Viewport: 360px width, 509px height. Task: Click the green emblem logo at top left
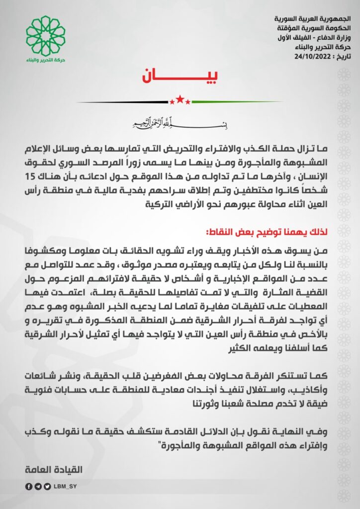coord(46,35)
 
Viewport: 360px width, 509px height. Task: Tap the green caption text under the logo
coord(46,60)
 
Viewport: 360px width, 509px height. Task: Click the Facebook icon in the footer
coord(30,487)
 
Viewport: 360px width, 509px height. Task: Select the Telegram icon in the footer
coord(38,487)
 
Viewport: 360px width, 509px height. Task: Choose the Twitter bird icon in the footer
coord(47,487)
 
